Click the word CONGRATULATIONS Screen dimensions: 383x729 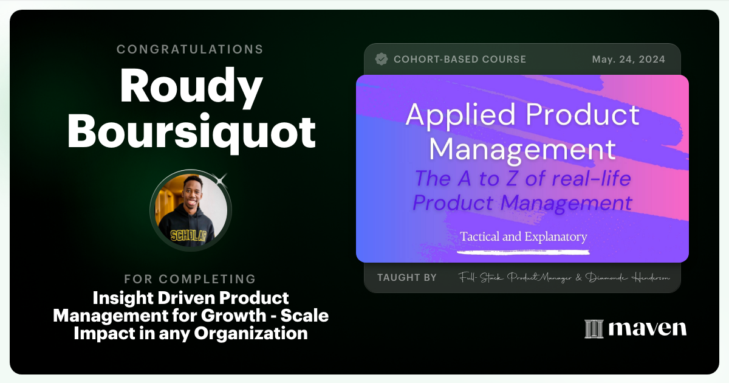pyautogui.click(x=190, y=49)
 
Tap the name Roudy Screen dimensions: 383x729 pyautogui.click(x=191, y=87)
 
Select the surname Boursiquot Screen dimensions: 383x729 pyautogui.click(x=191, y=132)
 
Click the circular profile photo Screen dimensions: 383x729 pyautogui.click(x=191, y=210)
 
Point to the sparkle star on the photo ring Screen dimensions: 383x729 pyautogui.click(x=221, y=179)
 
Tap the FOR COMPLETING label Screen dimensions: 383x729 pyautogui.click(x=190, y=279)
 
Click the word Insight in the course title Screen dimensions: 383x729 pyautogui.click(x=118, y=298)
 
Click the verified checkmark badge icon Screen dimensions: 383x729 pyautogui.click(x=382, y=59)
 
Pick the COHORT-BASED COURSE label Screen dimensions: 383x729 pyautogui.click(x=460, y=60)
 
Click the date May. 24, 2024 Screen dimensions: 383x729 pyautogui.click(x=628, y=60)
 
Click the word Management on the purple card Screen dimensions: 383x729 pyautogui.click(x=526, y=148)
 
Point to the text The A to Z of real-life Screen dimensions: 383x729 pyautogui.click(x=522, y=179)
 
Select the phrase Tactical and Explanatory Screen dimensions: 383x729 pyautogui.click(x=523, y=236)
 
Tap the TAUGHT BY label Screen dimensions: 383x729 pyautogui.click(x=406, y=278)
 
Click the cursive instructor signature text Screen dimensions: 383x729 pyautogui.click(x=564, y=278)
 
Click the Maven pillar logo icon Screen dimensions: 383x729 pyautogui.click(x=594, y=329)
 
